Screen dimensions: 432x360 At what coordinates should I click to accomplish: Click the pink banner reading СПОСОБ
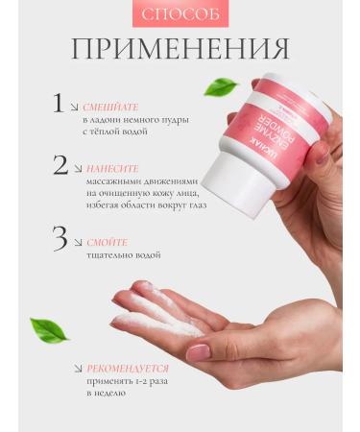(180, 16)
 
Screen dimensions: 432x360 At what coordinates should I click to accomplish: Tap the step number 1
(59, 103)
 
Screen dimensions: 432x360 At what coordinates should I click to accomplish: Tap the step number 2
(60, 165)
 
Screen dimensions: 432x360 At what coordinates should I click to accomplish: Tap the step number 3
(60, 238)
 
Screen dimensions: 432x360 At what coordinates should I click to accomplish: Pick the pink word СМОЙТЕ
(107, 242)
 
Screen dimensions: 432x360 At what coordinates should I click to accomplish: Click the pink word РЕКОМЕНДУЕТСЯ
(128, 368)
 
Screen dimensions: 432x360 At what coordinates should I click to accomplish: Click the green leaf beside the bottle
(220, 87)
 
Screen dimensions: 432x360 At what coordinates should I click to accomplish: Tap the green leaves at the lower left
(48, 329)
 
